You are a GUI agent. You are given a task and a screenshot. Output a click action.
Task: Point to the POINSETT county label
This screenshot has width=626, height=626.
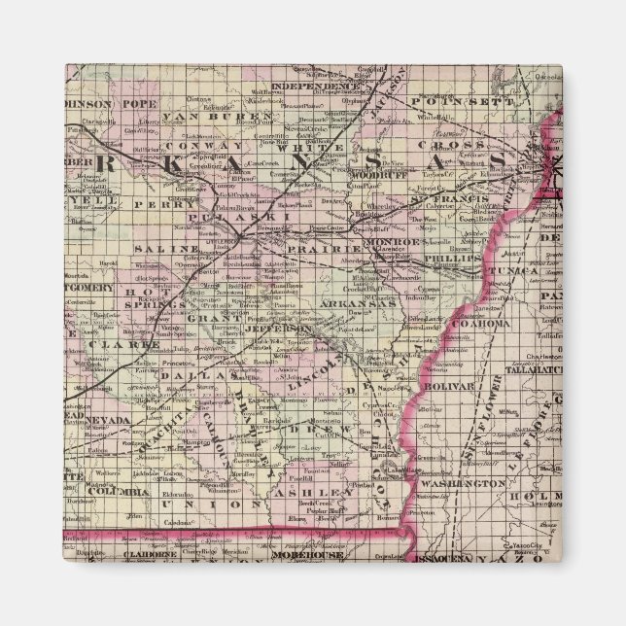click(x=456, y=101)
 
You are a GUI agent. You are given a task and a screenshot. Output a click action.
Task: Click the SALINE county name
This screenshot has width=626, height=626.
click(x=157, y=250)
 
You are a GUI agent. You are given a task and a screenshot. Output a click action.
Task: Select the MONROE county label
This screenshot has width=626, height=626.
click(x=393, y=240)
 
